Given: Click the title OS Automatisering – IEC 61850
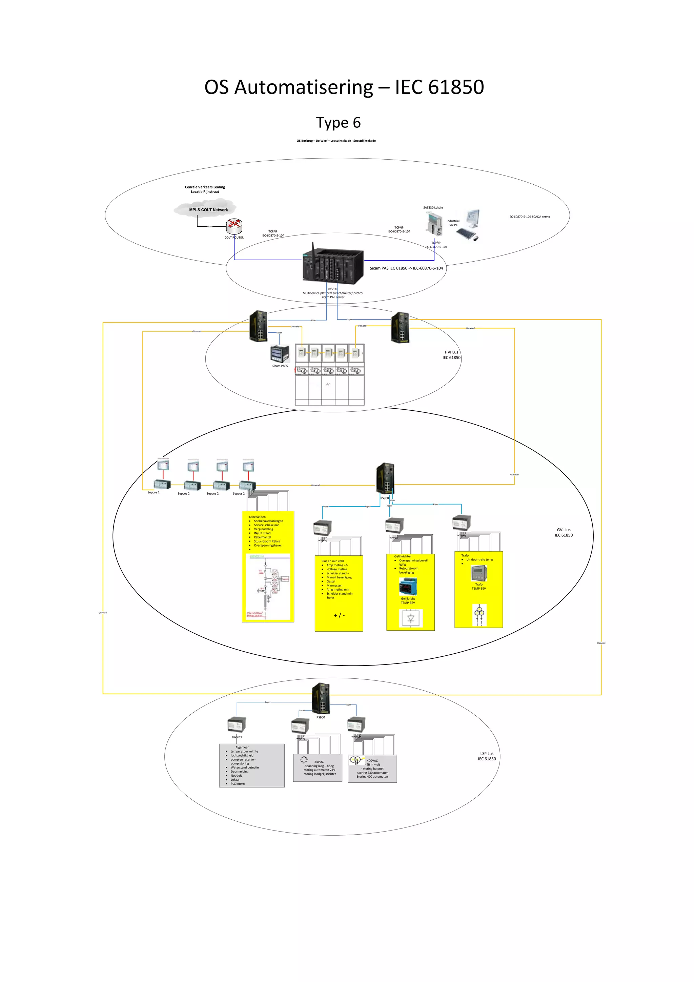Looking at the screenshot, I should click(x=344, y=87).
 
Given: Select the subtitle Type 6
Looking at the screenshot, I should click(x=338, y=123).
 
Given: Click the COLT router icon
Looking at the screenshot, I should click(x=234, y=225).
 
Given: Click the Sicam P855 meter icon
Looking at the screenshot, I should click(x=280, y=354).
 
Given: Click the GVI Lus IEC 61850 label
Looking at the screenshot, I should click(x=564, y=532).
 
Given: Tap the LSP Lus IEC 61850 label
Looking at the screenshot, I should click(x=487, y=756).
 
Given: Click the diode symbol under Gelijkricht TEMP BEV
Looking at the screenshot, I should click(x=410, y=618).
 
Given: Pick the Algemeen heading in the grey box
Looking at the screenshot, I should click(x=242, y=747).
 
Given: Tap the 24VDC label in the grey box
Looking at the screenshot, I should click(x=319, y=762).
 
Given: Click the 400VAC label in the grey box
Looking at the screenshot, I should click(x=372, y=760).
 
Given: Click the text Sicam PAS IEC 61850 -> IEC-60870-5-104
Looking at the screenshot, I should click(x=406, y=268).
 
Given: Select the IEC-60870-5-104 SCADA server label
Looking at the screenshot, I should click(x=529, y=217).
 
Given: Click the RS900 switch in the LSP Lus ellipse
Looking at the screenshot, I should click(x=321, y=698).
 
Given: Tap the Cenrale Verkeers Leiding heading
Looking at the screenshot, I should click(x=205, y=187).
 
